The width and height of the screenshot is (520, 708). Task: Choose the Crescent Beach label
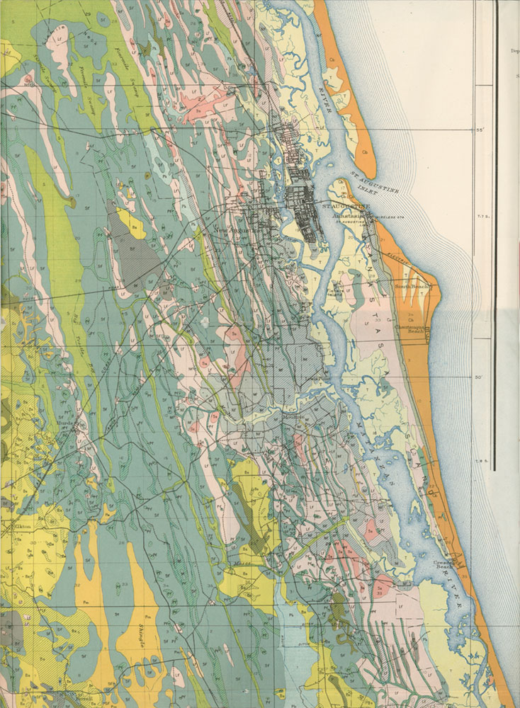(x=443, y=564)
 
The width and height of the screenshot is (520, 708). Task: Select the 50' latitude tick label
(x=477, y=377)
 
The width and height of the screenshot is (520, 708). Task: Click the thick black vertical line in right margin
(x=494, y=234)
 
